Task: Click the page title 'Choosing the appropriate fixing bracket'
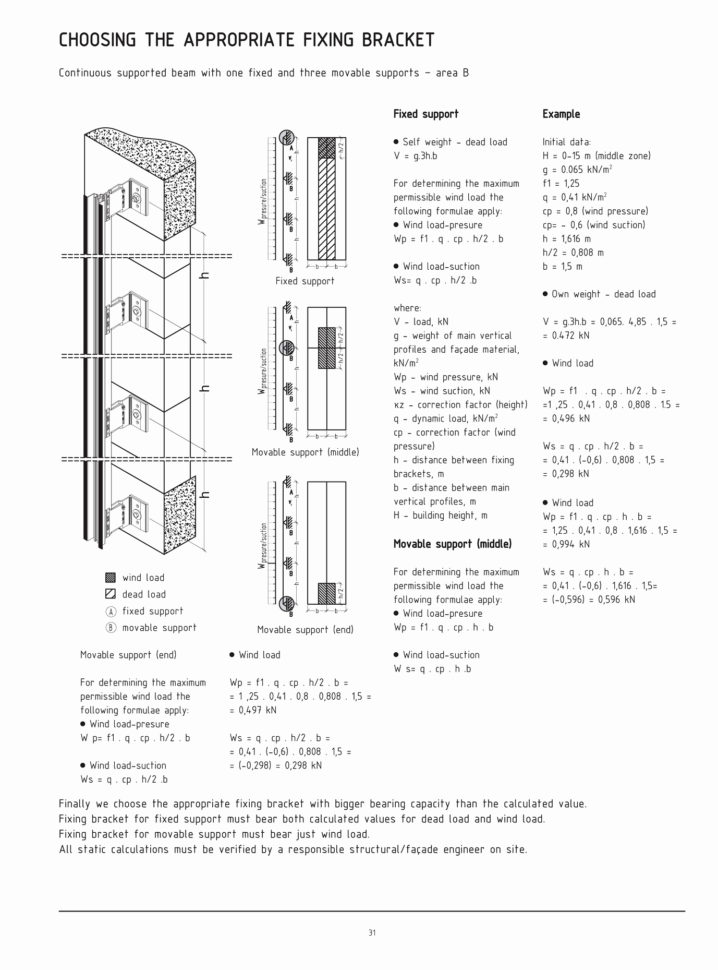pyautogui.click(x=246, y=40)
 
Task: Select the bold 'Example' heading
pyautogui.click(x=561, y=115)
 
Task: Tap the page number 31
pyautogui.click(x=371, y=933)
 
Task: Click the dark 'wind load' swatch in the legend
pyautogui.click(x=110, y=578)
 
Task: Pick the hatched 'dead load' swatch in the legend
pyautogui.click(x=110, y=594)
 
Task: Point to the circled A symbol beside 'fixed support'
pyautogui.click(x=110, y=611)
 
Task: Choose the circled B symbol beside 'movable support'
pyautogui.click(x=110, y=628)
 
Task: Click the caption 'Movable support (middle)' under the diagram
pyautogui.click(x=305, y=453)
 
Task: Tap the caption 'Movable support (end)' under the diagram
pyautogui.click(x=305, y=630)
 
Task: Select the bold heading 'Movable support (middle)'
pyautogui.click(x=452, y=544)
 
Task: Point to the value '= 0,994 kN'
pyautogui.click(x=566, y=544)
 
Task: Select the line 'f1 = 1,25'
pyautogui.click(x=561, y=184)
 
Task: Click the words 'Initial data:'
pyautogui.click(x=566, y=143)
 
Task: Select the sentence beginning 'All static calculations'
pyautogui.click(x=293, y=850)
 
